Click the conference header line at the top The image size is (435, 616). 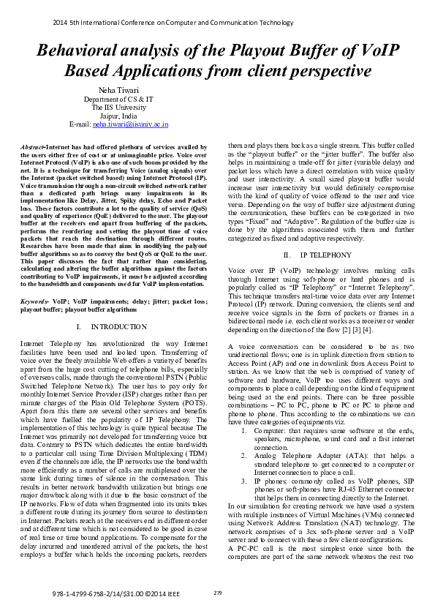click(173, 23)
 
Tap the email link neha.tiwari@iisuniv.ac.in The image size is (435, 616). click(130, 124)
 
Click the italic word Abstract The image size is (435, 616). click(33, 147)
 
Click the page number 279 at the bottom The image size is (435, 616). click(217, 592)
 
